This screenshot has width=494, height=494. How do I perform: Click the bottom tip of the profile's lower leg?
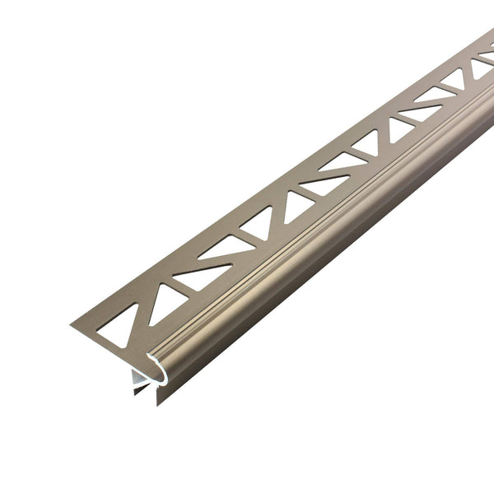coord(159,403)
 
